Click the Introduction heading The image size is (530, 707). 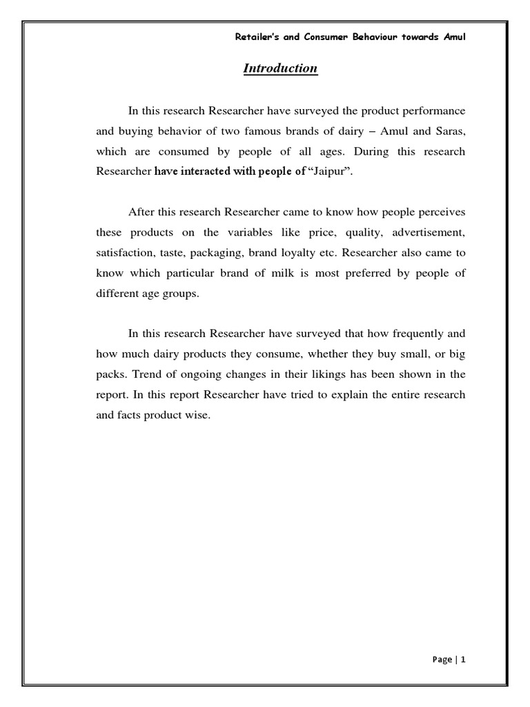tap(279, 68)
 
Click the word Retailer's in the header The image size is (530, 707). tap(258, 37)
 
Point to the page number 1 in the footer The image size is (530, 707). tap(464, 659)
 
